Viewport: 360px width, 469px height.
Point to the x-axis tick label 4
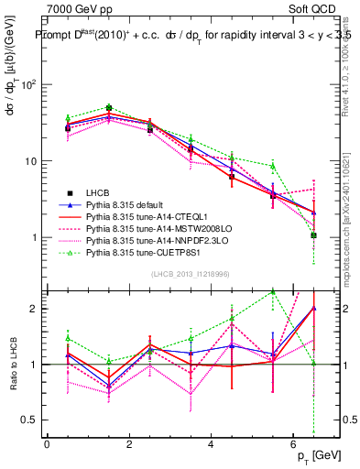pyautogui.click(x=211, y=444)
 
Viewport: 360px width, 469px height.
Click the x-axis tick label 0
pyautogui.click(x=47, y=444)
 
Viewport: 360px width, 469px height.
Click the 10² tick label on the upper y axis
pyautogui.click(x=27, y=84)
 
